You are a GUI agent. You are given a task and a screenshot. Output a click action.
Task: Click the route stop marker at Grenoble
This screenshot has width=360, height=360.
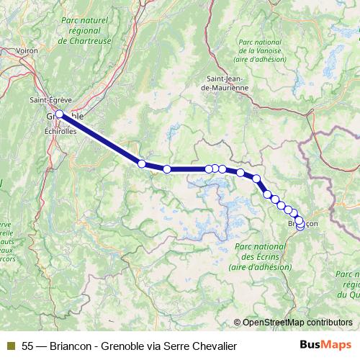[59, 114]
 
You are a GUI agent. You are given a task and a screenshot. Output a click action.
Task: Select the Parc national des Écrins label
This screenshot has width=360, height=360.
[259, 256]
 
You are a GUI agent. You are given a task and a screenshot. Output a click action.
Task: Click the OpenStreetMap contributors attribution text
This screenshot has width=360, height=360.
[297, 323]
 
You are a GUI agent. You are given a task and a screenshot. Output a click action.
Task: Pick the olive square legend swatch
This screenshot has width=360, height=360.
[10, 346]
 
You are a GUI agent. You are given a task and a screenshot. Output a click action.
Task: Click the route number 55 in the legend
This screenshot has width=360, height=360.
[27, 346]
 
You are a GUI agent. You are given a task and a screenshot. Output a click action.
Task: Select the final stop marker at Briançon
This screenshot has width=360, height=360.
[300, 228]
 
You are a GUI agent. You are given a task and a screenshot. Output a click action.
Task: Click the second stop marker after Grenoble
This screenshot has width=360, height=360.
[167, 169]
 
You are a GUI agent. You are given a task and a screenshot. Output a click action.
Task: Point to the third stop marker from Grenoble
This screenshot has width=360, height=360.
[209, 168]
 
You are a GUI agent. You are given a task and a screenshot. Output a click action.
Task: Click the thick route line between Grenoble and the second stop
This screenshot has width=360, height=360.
[101, 139]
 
